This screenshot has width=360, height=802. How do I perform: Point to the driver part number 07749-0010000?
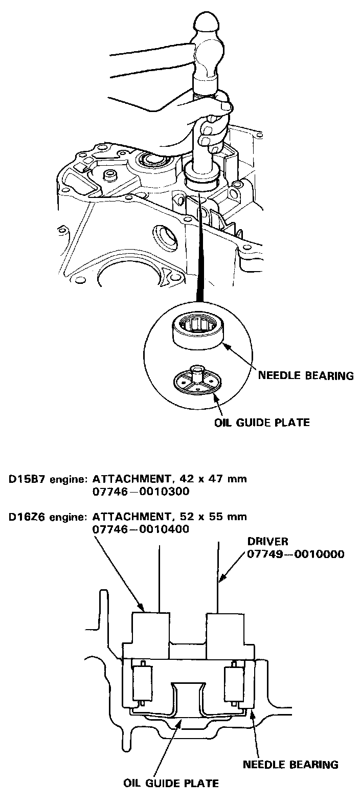pos(295,554)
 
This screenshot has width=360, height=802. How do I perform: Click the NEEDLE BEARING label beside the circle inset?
pos(306,376)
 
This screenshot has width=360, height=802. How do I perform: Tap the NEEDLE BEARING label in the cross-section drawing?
pos(290,765)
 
